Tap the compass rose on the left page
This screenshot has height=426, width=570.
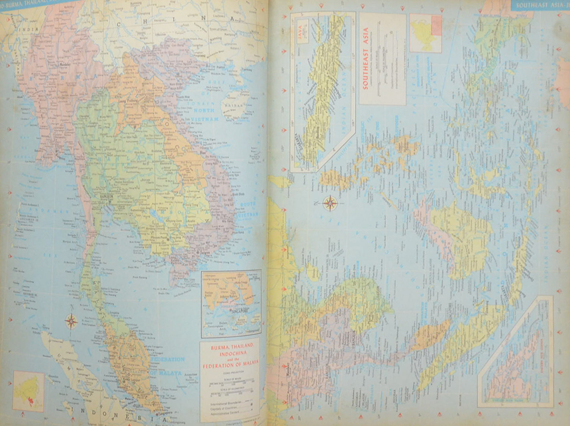(x=71, y=321)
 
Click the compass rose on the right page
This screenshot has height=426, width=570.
(x=329, y=202)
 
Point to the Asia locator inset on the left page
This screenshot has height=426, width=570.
(x=28, y=391)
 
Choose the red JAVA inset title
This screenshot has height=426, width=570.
(x=303, y=26)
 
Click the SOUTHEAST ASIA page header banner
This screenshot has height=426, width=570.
(x=538, y=6)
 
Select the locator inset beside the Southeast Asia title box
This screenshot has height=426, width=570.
(x=426, y=33)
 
